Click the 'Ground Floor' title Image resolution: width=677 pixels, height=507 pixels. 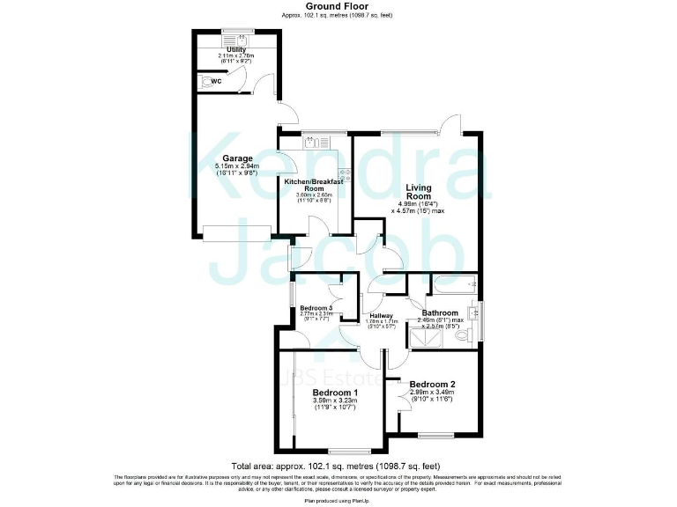coord(337,6)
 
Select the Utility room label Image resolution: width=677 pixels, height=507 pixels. coord(235,49)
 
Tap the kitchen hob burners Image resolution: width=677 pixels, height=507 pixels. coord(345,176)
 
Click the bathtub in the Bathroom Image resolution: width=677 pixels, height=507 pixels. coord(451,285)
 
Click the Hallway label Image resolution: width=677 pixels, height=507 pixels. coord(381,315)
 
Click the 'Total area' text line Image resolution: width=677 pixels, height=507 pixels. coord(336,465)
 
